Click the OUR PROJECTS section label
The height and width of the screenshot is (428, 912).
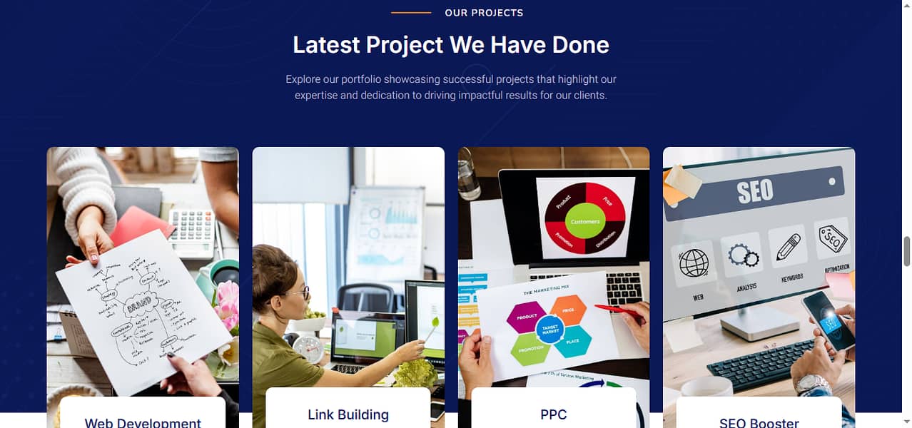pyautogui.click(x=484, y=13)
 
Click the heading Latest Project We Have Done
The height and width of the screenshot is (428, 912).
pyautogui.click(x=451, y=45)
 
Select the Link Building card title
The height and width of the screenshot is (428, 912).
pyautogui.click(x=348, y=414)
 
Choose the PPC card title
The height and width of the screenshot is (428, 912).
pyautogui.click(x=554, y=414)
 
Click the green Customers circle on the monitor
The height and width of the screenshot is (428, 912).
pyautogui.click(x=585, y=221)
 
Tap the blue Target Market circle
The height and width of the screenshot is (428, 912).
pyautogui.click(x=549, y=330)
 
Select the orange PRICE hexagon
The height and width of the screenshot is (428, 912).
pyautogui.click(x=569, y=310)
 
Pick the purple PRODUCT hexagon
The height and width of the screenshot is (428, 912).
pyautogui.click(x=527, y=316)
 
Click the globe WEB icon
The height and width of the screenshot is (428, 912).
pyautogui.click(x=694, y=263)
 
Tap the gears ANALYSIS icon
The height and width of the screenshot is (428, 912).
pyautogui.click(x=742, y=255)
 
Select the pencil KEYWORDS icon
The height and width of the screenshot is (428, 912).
pyautogui.click(x=788, y=247)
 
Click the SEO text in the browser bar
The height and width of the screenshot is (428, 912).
pyautogui.click(x=754, y=190)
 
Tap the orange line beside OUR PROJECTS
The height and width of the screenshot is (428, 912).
pyautogui.click(x=411, y=13)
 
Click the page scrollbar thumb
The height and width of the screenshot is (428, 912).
pyautogui.click(x=907, y=251)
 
